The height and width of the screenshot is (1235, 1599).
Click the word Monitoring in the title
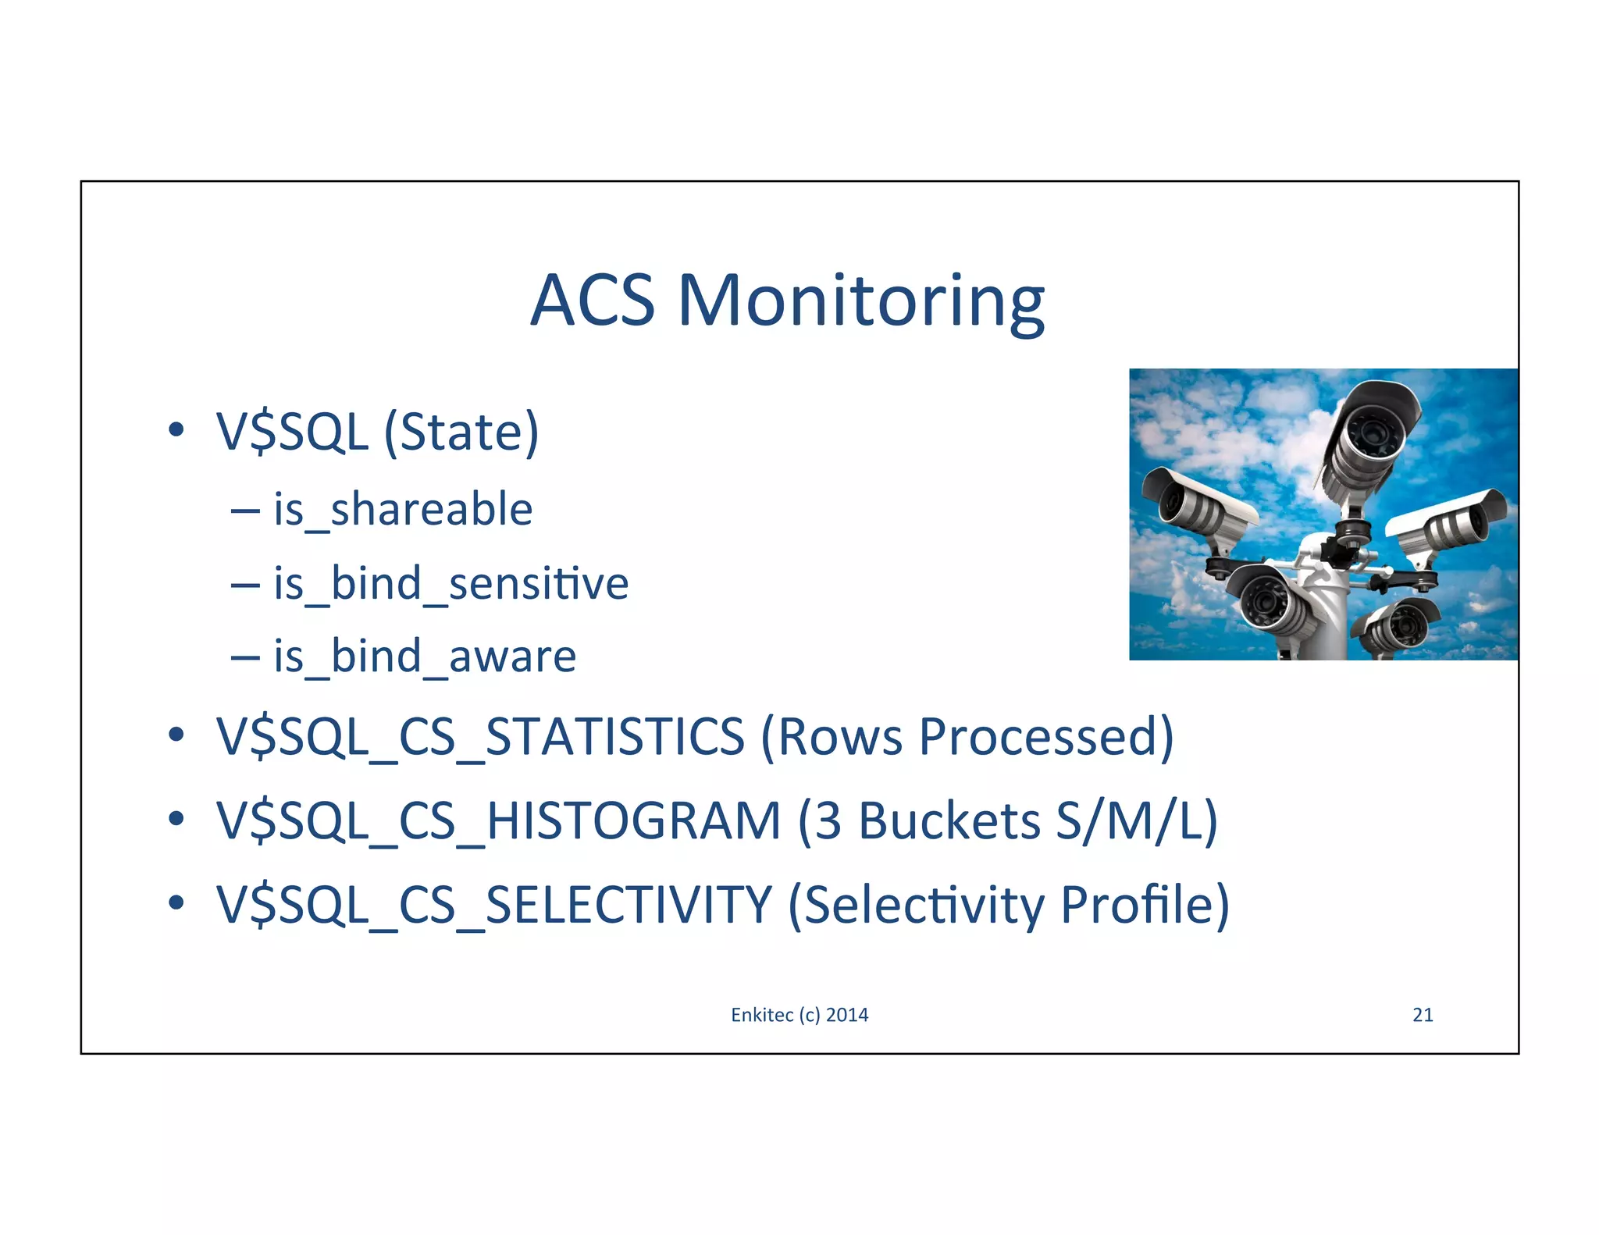point(860,302)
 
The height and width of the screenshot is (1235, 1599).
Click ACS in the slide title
point(593,302)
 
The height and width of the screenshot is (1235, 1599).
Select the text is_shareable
point(403,510)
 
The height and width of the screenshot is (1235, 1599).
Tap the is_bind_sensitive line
point(450,584)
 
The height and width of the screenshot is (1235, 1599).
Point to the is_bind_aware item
point(425,657)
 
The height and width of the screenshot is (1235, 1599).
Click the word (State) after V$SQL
point(461,432)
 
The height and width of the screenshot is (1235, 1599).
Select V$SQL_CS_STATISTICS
point(480,737)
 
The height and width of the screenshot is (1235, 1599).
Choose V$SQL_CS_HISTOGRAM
point(498,821)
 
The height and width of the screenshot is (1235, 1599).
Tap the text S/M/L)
point(1136,821)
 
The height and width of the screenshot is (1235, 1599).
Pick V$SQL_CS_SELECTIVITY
point(493,906)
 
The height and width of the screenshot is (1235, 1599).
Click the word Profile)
point(1145,906)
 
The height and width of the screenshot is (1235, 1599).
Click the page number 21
point(1423,1015)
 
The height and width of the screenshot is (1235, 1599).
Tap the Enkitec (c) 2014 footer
point(799,1015)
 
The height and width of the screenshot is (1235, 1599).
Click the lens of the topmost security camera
point(1372,432)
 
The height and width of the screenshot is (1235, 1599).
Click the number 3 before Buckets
point(828,821)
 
